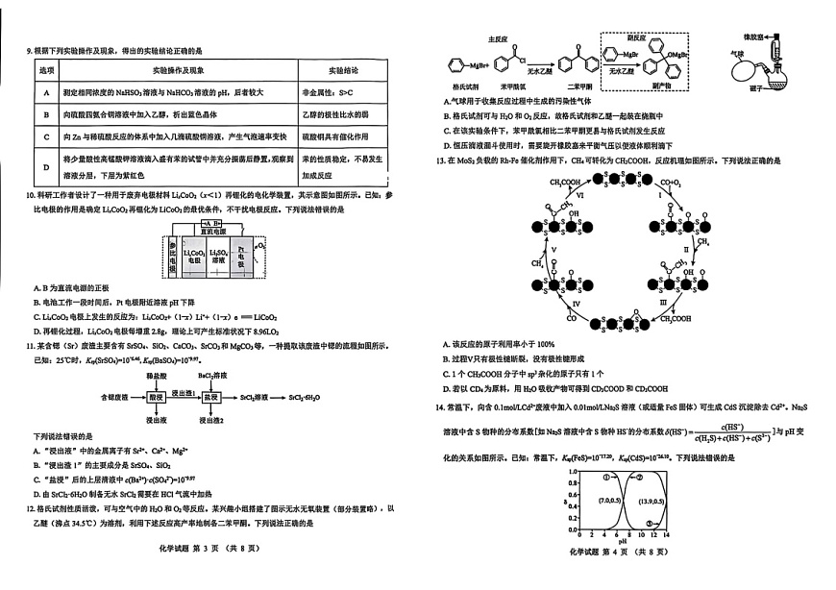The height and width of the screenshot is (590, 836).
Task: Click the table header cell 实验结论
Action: (x=343, y=71)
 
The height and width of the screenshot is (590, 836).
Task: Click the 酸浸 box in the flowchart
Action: (x=155, y=396)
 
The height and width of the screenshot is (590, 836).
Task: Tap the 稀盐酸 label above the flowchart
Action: (x=155, y=373)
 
